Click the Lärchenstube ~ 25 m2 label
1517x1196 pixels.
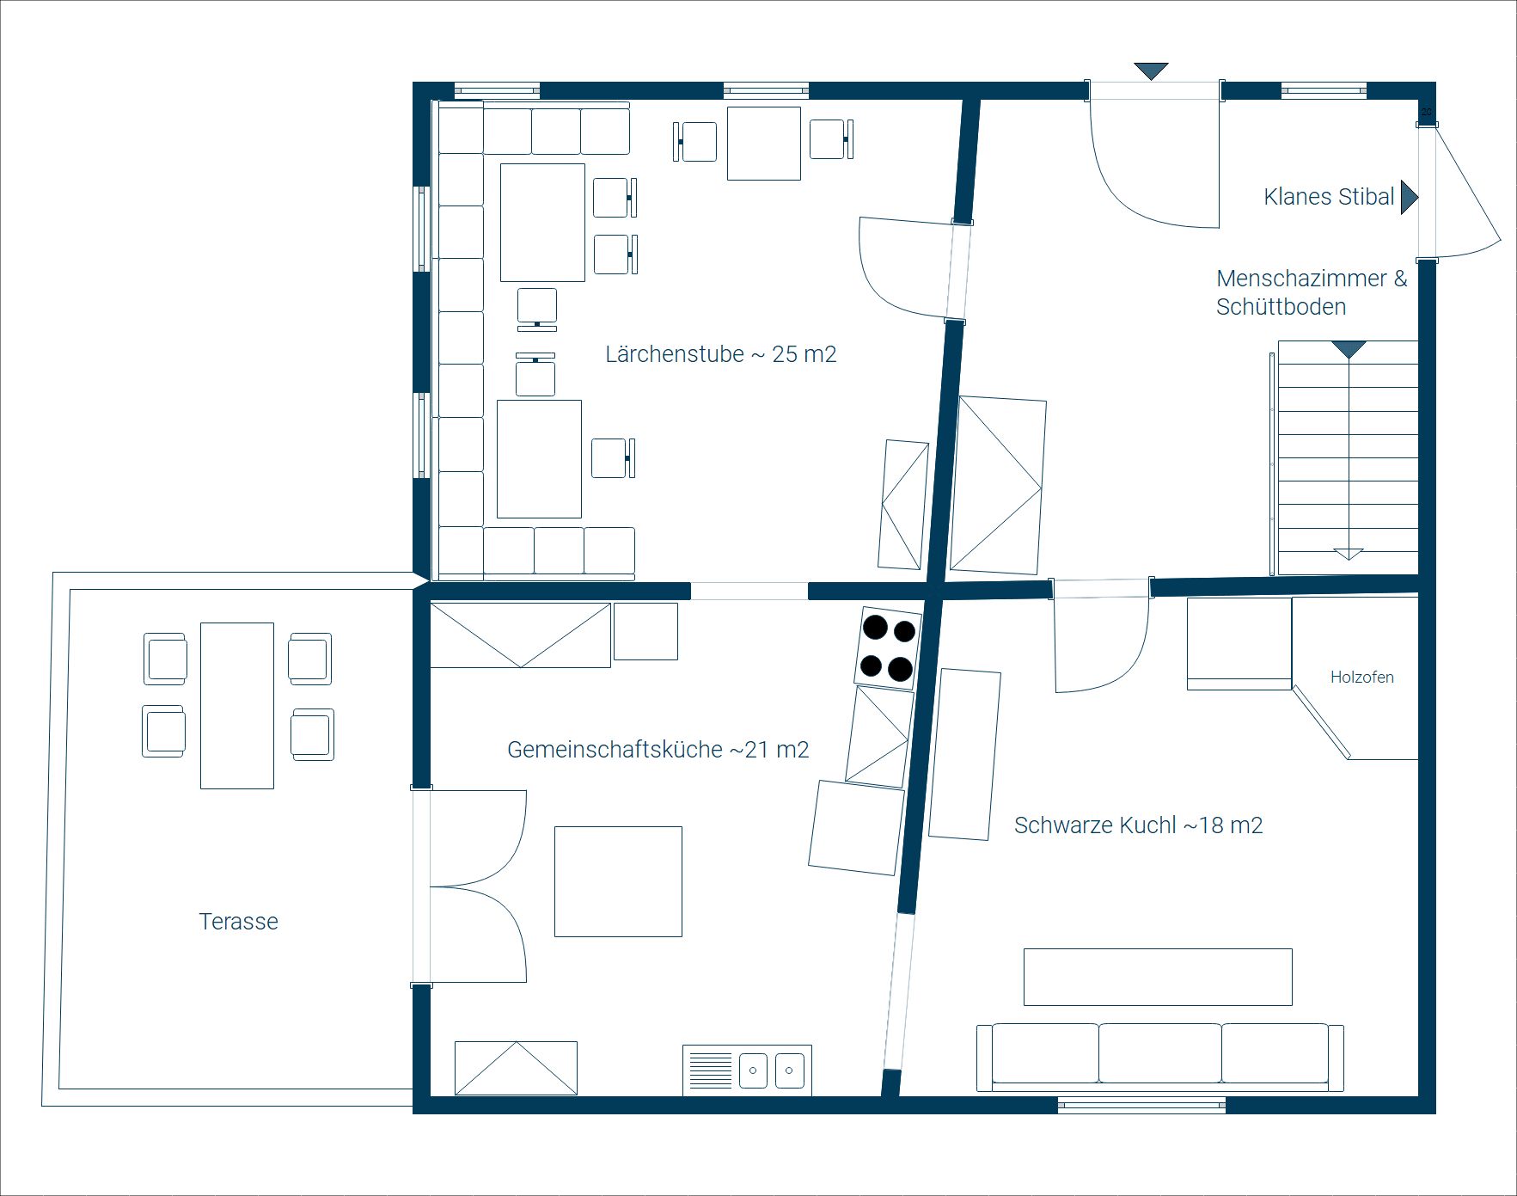coord(720,354)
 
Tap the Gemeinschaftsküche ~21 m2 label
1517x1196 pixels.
coord(658,750)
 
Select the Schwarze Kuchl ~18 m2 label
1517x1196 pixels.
coord(1138,825)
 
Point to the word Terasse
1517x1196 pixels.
coord(239,922)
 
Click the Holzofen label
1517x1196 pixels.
coord(1361,678)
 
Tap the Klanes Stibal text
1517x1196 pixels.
coord(1329,197)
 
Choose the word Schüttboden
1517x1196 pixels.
coord(1281,307)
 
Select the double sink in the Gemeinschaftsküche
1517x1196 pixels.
coord(747,1070)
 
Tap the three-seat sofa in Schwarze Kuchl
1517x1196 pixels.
coord(1159,1057)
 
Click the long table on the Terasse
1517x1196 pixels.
coord(237,705)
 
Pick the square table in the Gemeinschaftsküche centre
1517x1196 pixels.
coord(618,881)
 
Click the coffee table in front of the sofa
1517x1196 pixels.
coord(1158,977)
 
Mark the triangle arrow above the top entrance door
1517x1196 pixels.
coord(1151,71)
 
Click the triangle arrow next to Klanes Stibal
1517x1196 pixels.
coord(1409,197)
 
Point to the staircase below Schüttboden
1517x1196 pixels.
coord(1347,457)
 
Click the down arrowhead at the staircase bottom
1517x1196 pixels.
coord(1349,554)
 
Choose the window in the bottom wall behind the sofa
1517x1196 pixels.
coord(1141,1105)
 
